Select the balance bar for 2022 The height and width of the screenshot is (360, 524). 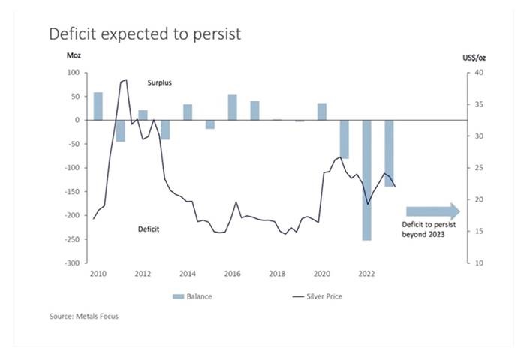pos(367,180)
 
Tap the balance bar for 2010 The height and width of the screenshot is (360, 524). pos(98,106)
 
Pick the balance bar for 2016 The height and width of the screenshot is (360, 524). pos(233,106)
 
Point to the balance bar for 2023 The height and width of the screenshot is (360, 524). pos(390,153)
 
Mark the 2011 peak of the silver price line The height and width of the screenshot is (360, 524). pos(125,79)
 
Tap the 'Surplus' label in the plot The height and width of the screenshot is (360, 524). pos(161,82)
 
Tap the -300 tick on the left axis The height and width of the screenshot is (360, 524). pos(70,263)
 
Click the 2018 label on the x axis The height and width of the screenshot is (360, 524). pos(277,274)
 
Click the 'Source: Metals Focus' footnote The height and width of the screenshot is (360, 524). pos(84,316)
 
